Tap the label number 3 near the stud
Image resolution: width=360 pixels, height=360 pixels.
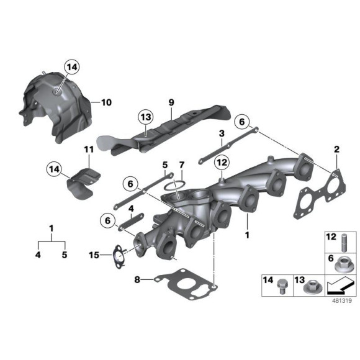point(220,134)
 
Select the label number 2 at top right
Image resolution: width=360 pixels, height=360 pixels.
point(337,150)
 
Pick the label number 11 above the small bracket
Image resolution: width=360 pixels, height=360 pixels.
point(88,150)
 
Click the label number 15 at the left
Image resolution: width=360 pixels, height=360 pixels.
point(93,254)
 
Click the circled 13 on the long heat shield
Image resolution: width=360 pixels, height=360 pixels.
point(145,117)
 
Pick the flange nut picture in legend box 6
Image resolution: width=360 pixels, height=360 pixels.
point(344,265)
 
